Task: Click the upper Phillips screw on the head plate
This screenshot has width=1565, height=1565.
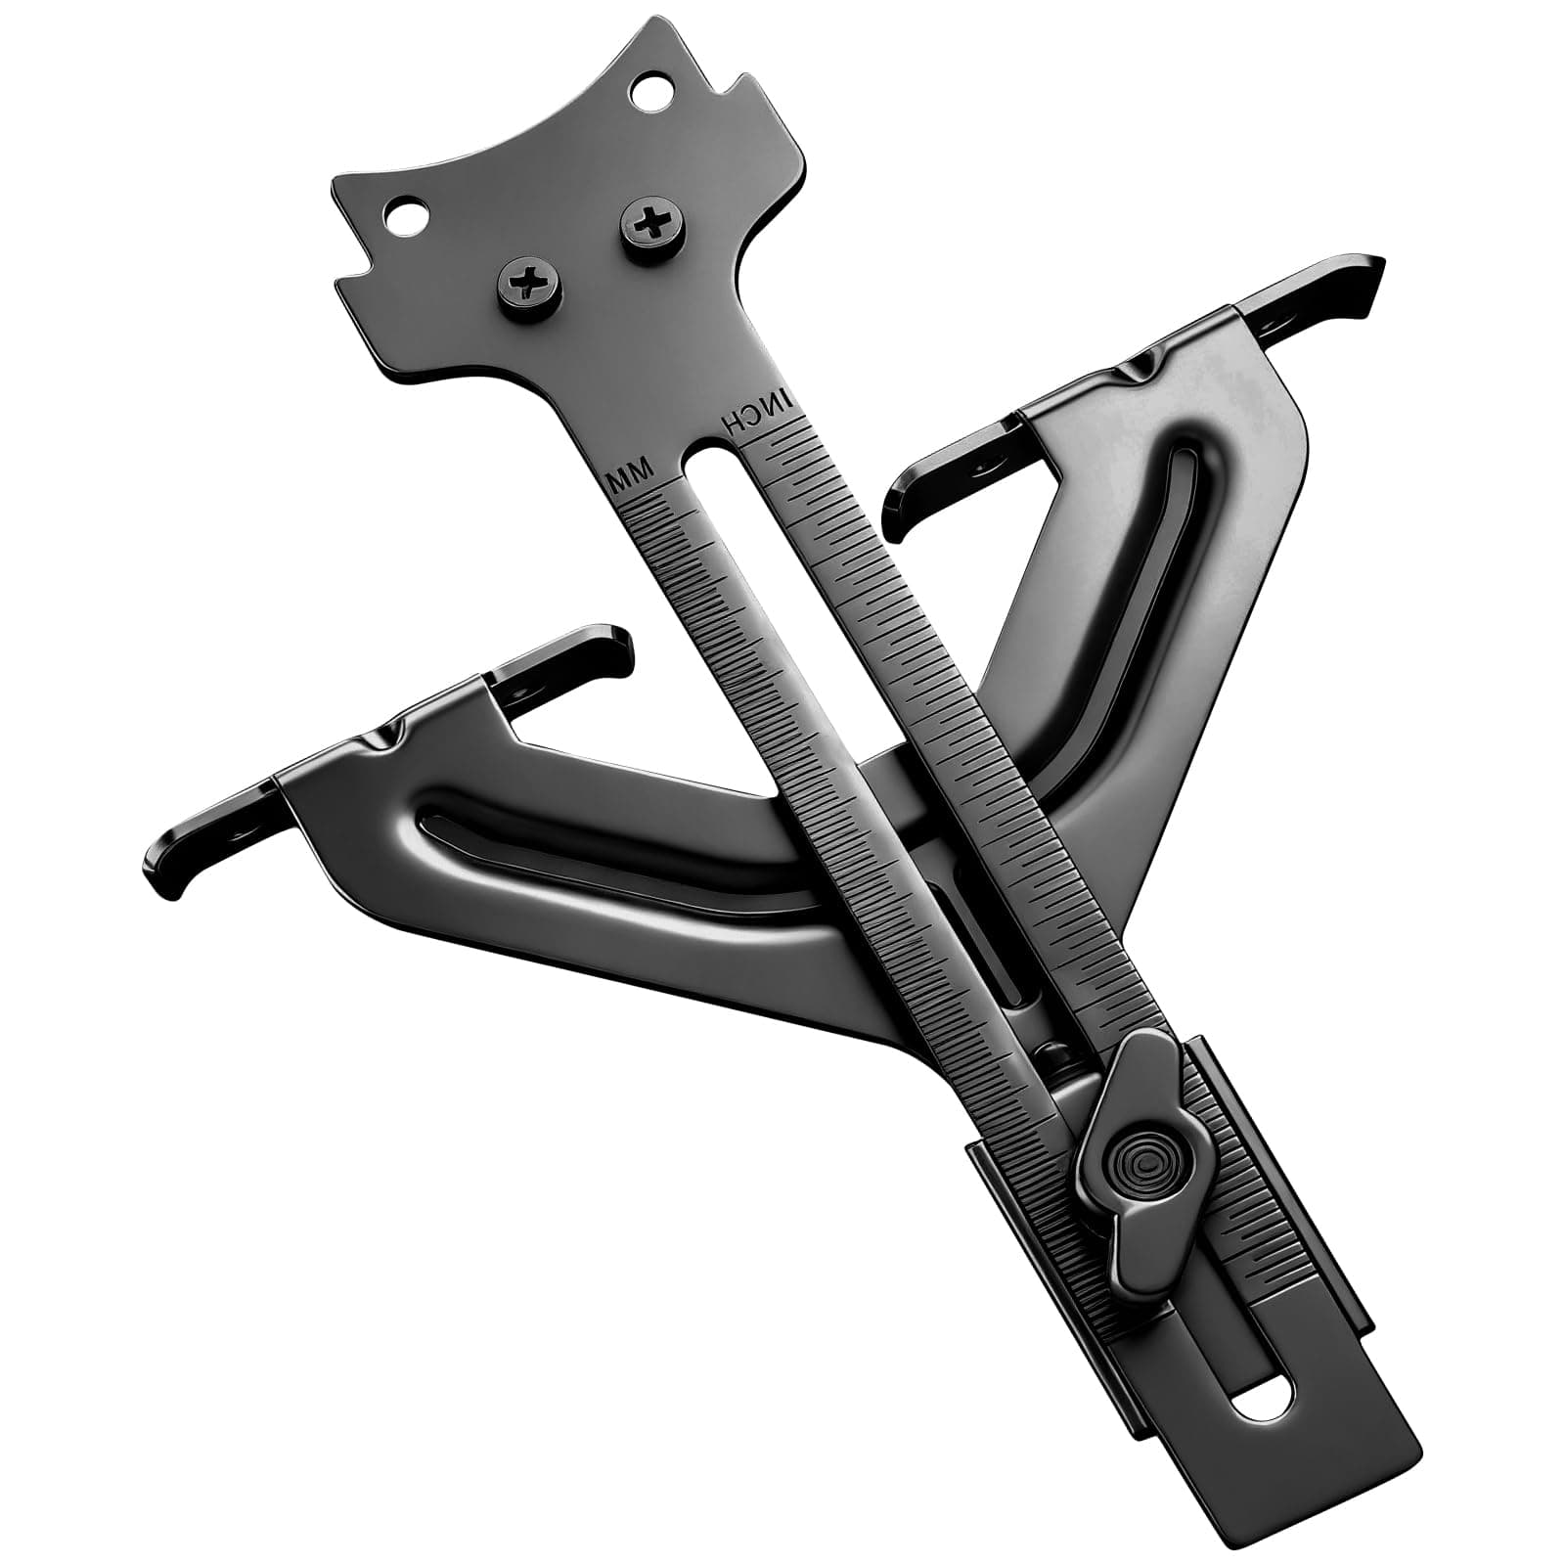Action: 647,226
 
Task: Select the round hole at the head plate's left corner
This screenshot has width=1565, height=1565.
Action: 402,213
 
